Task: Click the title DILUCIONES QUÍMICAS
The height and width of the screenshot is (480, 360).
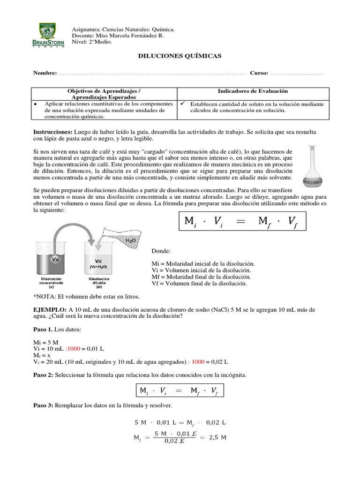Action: click(179, 56)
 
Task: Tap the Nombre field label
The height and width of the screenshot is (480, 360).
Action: click(45, 73)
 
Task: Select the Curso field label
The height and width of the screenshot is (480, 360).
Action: click(259, 73)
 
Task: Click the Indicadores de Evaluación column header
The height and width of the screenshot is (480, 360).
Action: click(253, 91)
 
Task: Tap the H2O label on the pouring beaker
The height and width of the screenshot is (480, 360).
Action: click(130, 240)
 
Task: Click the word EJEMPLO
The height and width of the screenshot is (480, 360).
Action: click(49, 310)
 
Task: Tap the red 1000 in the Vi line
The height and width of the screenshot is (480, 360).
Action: click(74, 349)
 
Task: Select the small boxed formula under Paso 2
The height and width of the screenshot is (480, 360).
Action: click(179, 391)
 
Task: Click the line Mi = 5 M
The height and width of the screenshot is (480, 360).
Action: click(46, 343)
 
